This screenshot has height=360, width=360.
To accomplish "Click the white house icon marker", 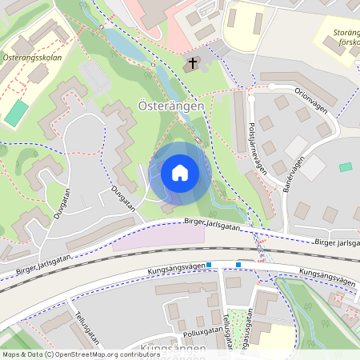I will coord(180,173).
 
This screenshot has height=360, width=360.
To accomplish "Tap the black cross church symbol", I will coord(192,62).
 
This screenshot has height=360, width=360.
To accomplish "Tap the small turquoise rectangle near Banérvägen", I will coord(346,166).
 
